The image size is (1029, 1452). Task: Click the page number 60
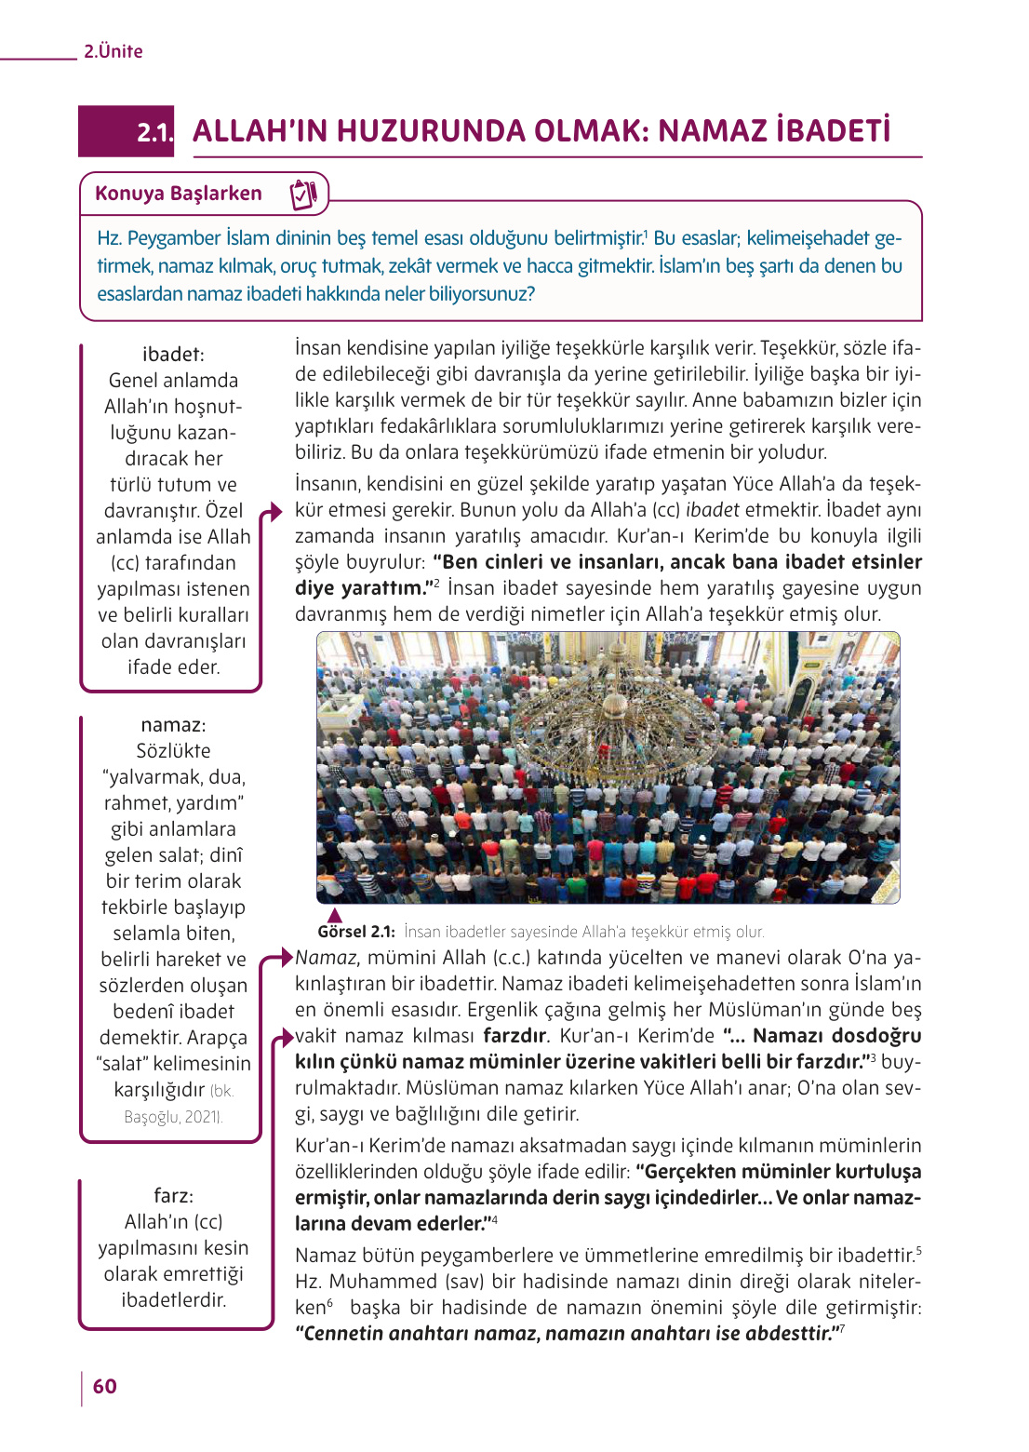point(105,1386)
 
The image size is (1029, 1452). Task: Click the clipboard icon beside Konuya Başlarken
point(304,194)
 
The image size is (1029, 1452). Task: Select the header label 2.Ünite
point(114,51)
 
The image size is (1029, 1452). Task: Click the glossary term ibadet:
point(173,355)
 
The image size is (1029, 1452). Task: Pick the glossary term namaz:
point(173,725)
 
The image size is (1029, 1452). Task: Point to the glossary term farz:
point(173,1196)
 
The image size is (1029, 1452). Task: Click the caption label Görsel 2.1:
point(356,932)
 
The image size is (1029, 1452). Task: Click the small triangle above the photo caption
point(335,916)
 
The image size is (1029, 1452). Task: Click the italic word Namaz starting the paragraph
point(327,958)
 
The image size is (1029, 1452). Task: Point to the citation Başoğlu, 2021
point(173,1117)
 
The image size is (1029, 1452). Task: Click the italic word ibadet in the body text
point(712,510)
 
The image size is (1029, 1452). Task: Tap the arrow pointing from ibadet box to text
point(271,512)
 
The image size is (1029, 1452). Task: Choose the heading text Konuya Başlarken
point(179,194)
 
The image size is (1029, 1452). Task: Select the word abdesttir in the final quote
point(789,1334)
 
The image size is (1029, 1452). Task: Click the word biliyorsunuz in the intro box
point(480,294)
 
